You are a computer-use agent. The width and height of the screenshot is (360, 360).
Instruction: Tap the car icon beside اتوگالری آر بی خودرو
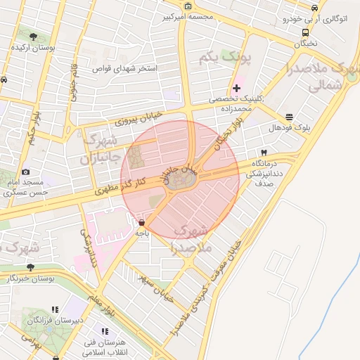(314, 8)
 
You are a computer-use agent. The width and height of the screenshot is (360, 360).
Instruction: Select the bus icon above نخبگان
(304, 32)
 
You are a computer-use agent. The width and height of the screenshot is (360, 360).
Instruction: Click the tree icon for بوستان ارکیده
(33, 35)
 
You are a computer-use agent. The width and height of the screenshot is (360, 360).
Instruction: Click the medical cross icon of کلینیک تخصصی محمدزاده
(237, 88)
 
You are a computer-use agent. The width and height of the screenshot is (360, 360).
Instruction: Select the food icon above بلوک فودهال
(290, 117)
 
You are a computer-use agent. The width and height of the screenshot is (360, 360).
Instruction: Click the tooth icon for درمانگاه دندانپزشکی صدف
(264, 152)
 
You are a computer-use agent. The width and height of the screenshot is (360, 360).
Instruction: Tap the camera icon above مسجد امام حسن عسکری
(26, 172)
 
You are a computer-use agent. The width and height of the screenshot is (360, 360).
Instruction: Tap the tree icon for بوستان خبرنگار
(30, 267)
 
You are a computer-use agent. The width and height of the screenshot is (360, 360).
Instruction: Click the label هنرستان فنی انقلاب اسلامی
(105, 345)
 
